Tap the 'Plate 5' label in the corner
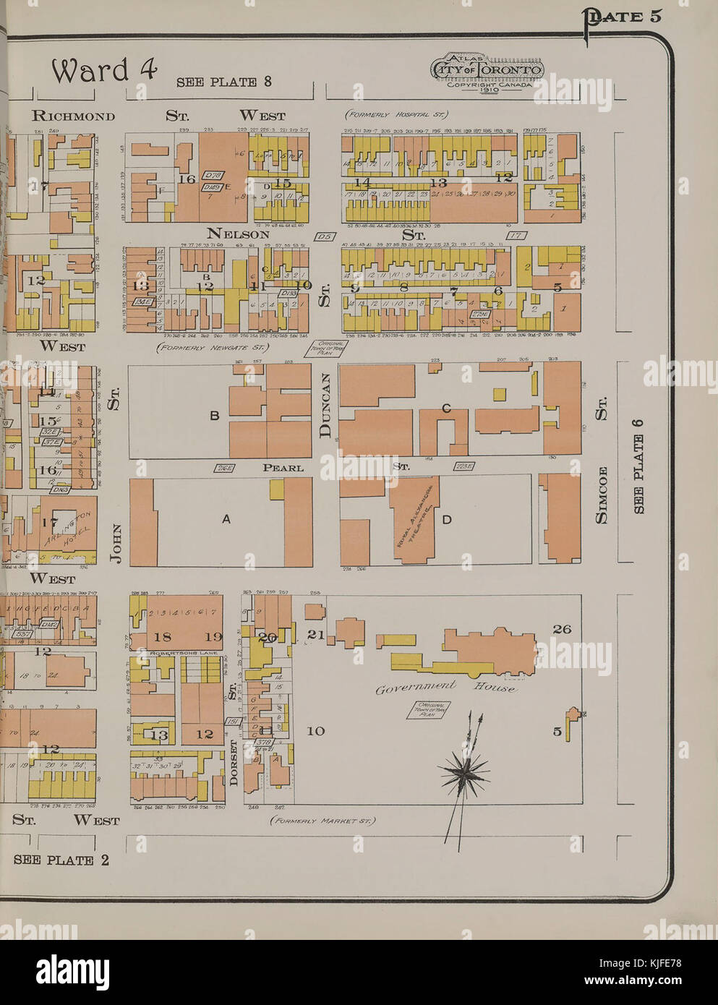623,17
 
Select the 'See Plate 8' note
224,82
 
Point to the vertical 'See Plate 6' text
638,466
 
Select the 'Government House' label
445,687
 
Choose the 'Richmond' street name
74,116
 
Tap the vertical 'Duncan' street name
325,406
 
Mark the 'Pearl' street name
283,468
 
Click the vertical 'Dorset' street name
233,764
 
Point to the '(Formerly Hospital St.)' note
396,114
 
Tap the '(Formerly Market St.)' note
323,821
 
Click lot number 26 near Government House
562,629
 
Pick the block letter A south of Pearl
226,518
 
